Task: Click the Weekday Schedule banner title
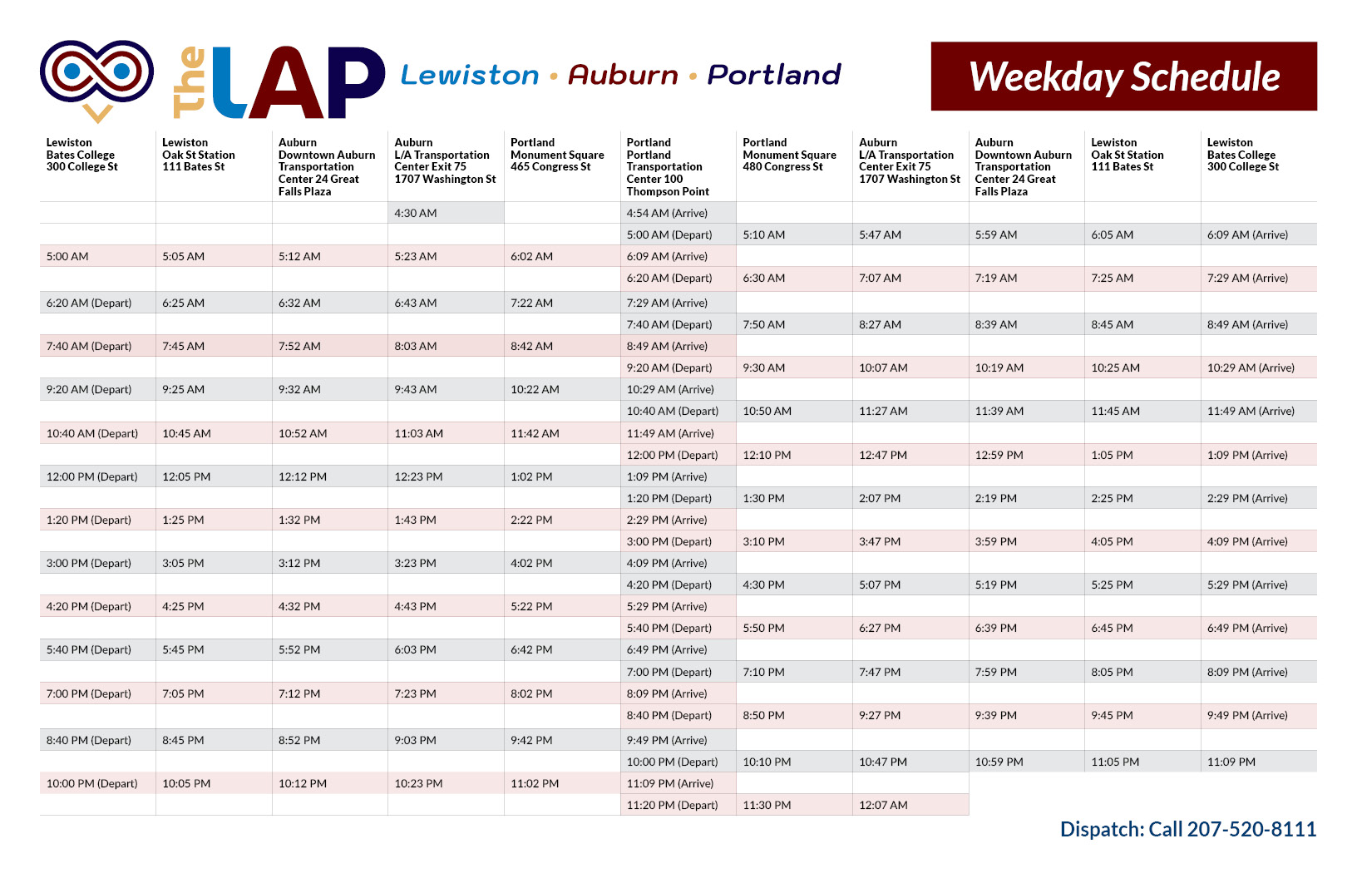(1124, 77)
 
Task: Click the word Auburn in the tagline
(623, 75)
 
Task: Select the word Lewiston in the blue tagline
(470, 75)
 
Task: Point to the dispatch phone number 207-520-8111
(1251, 829)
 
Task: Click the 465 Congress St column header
(557, 155)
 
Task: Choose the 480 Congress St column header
(789, 155)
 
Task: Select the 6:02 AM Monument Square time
(531, 256)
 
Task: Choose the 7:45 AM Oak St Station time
(184, 346)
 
